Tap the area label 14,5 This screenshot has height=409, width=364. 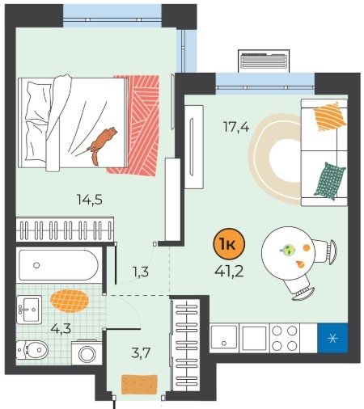[90, 200]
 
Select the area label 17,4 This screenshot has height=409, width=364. [236, 127]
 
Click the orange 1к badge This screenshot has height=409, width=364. [229, 244]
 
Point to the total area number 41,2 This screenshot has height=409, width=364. [229, 272]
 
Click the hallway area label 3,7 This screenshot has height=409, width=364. [141, 352]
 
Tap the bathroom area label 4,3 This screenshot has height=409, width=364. [61, 328]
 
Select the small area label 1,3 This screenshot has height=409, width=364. [141, 272]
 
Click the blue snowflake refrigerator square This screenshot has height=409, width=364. [332, 338]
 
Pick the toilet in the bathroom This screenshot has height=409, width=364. [32, 350]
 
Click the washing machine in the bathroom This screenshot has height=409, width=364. [87, 353]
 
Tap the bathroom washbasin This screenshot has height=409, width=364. [29, 310]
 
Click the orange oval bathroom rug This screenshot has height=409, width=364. [70, 301]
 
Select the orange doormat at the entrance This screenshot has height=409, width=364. [139, 385]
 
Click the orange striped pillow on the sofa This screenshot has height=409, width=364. [330, 116]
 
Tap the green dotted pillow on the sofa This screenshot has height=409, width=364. [330, 181]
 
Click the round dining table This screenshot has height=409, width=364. [288, 253]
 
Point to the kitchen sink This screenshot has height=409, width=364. [224, 337]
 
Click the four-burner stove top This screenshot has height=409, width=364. [285, 338]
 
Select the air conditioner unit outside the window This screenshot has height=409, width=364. [264, 61]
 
